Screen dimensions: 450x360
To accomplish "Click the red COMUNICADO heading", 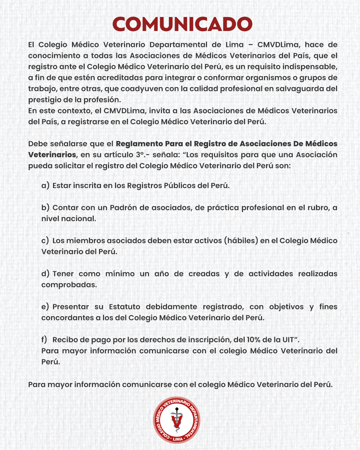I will [182, 24].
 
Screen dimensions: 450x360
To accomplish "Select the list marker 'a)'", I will [45, 186].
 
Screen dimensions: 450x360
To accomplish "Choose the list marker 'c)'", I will [45, 241].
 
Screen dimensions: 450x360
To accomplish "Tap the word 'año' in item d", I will [162, 274].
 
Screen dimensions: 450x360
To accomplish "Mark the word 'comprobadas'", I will [69, 285].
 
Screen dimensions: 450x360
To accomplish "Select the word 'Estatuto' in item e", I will [125, 307].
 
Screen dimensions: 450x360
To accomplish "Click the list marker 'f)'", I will [44, 340].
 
